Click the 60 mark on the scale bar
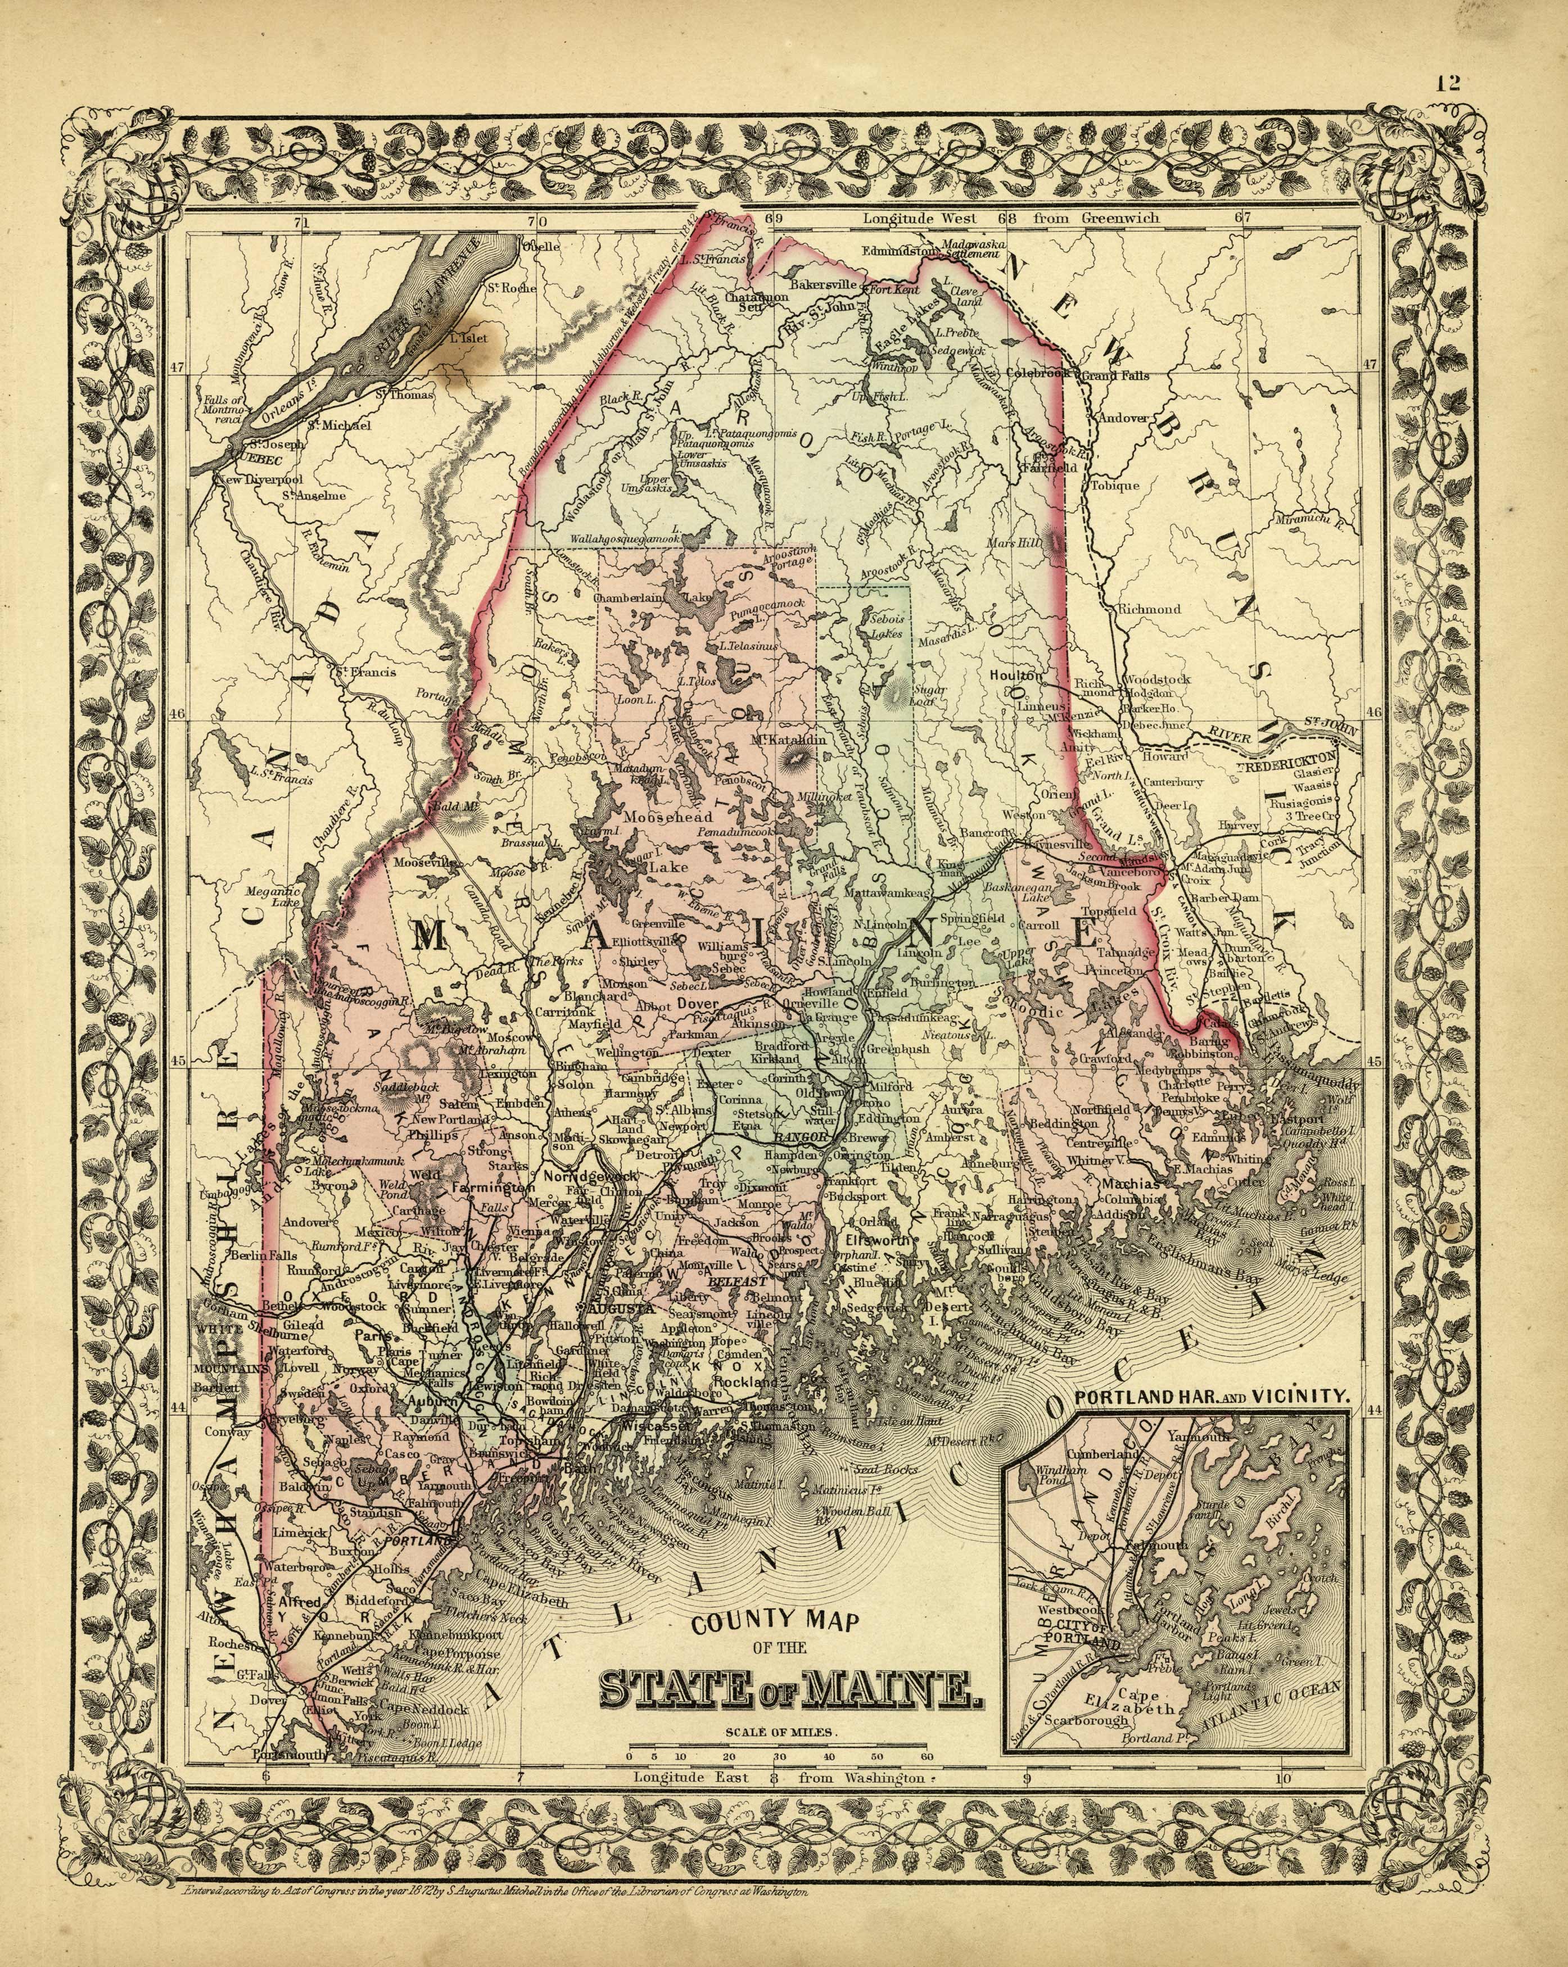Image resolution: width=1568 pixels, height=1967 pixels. click(x=927, y=1756)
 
